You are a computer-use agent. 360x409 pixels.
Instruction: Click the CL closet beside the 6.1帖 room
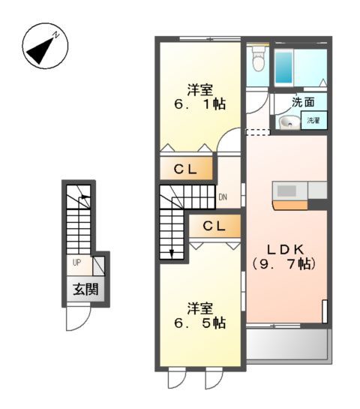coord(186,169)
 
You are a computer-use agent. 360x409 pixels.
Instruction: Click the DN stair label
coord(223,198)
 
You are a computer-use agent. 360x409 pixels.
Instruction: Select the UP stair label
coord(76,263)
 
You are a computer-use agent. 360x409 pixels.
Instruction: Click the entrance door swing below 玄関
coord(76,320)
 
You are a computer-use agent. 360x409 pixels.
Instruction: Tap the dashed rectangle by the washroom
coord(259,134)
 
